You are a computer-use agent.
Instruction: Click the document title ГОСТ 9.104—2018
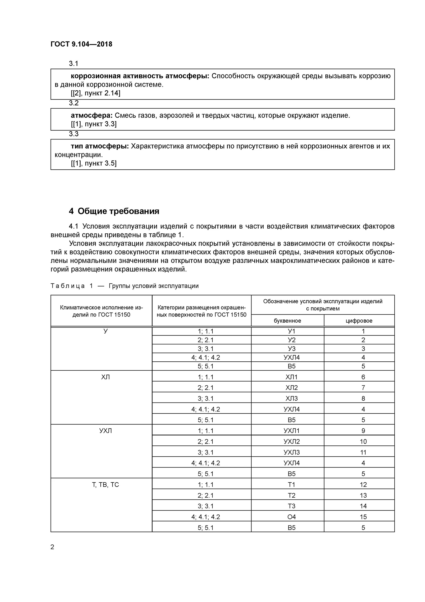point(81,44)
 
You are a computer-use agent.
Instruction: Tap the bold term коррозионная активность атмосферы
point(140,76)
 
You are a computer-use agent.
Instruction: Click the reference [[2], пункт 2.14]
point(95,93)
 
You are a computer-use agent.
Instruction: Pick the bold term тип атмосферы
point(100,146)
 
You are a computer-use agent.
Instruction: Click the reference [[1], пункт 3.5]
point(94,163)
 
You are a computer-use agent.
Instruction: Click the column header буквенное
point(287,321)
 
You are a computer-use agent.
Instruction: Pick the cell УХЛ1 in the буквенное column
point(292,431)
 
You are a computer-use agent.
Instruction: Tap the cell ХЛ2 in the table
point(292,388)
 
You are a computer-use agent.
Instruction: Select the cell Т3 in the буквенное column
point(292,506)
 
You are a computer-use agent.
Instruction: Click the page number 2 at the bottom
point(52,547)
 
